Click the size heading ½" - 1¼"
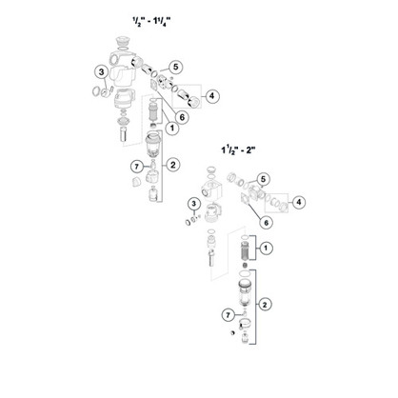151,22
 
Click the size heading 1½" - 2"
238,149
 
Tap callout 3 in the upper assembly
102,72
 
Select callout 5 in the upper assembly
176,67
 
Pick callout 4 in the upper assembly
212,95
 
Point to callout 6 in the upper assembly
182,117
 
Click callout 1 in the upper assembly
172,129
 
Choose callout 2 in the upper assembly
173,165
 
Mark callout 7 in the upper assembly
137,167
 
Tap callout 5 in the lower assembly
263,179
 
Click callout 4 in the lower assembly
298,202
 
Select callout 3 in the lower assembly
194,204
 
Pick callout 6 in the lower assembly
266,223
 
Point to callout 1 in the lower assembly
266,248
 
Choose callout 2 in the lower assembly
265,305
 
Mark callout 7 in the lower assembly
228,315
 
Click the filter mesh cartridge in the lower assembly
245,250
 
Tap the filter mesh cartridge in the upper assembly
153,111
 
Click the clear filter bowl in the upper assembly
153,145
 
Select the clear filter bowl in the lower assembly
245,293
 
